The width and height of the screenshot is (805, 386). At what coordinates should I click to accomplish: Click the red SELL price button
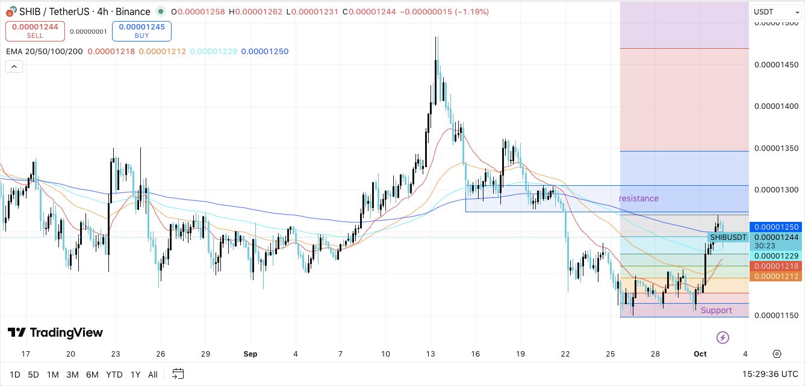point(35,31)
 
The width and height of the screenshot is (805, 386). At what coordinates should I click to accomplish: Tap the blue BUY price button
point(141,31)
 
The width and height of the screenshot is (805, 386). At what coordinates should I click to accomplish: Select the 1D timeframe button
point(14,375)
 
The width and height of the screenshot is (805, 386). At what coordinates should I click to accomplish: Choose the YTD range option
point(114,375)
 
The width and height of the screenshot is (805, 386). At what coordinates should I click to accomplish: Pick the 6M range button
point(92,375)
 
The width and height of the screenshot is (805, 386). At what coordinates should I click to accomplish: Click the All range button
point(153,375)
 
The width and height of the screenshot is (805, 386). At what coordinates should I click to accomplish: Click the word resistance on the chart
point(638,198)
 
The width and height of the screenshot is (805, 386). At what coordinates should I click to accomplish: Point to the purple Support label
point(716,310)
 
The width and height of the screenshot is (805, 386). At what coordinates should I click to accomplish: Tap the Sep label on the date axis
point(250,354)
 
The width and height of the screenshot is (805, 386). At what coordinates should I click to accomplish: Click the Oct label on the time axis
point(700,354)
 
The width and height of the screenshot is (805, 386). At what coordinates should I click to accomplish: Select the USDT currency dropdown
point(774,12)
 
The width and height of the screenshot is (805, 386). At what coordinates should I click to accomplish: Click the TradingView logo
point(55,332)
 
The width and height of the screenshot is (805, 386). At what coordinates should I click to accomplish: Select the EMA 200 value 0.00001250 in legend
point(264,52)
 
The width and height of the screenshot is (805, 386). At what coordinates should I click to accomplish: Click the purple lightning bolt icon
point(723,337)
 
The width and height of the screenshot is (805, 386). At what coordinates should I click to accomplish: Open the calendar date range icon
point(178,374)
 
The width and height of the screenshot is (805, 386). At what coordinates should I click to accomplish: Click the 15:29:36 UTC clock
point(770,375)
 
